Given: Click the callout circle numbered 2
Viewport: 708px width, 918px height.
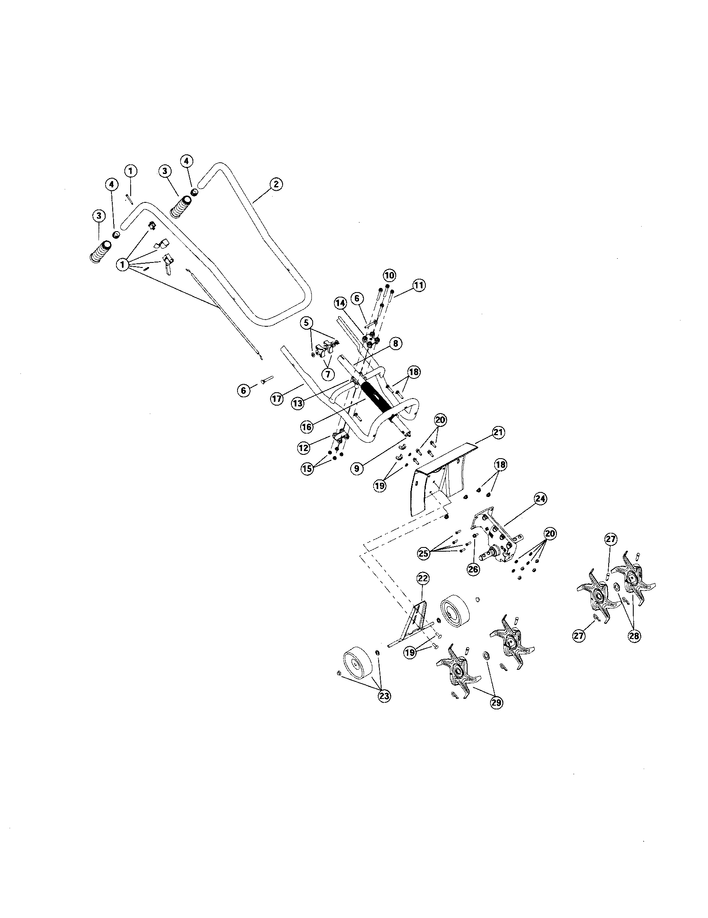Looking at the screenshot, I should tap(276, 184).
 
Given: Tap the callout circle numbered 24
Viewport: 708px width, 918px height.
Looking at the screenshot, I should tap(540, 499).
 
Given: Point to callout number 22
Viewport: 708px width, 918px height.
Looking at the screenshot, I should tap(422, 579).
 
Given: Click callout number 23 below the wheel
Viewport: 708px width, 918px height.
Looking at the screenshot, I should tap(384, 696).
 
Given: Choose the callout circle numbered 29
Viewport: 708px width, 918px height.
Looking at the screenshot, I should tap(496, 702).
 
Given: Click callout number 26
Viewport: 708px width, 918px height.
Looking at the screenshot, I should tap(473, 569).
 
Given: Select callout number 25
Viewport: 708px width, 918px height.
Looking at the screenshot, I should tap(424, 553).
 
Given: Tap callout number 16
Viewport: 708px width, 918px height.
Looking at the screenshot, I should tap(307, 426).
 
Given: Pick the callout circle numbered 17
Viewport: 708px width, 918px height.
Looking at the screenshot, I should tap(276, 398).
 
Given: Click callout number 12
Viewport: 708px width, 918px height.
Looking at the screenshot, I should tap(303, 448).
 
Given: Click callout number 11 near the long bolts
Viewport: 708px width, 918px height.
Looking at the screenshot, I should tap(419, 285).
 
